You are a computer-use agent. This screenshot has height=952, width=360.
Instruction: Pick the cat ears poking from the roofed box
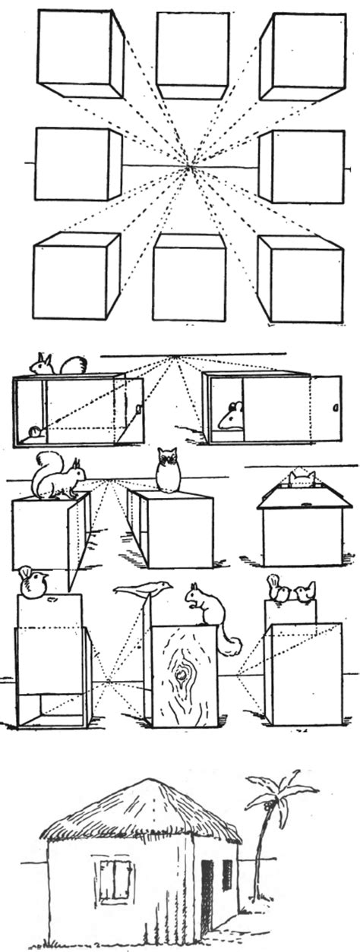point(302,478)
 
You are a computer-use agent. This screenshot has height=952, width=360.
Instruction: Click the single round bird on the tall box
point(33,582)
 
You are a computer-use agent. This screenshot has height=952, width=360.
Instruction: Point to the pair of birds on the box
point(291,591)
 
